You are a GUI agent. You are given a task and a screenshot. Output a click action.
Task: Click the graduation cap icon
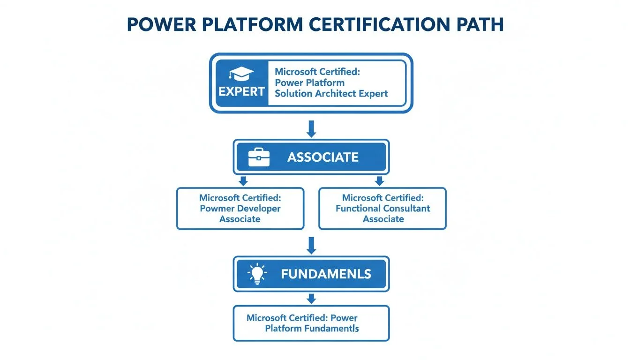pos(241,74)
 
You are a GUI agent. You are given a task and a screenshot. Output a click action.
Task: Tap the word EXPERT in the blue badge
pos(241,92)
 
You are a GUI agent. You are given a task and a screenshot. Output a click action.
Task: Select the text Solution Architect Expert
pos(331,93)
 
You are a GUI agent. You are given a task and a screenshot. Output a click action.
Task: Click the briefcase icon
pos(259,157)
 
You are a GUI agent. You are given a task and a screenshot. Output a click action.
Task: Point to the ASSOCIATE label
pos(322,157)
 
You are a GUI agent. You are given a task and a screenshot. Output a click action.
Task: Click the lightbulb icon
pos(256,274)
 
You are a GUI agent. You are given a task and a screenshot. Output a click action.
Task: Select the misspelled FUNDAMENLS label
pos(326,274)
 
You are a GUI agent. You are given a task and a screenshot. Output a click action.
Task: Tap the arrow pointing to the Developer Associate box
pos(243,181)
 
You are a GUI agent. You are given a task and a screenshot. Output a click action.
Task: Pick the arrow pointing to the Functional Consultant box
pos(380,181)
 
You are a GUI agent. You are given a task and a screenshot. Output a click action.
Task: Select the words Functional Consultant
pos(382,209)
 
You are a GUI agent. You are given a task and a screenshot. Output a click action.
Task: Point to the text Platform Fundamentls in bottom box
pos(312,329)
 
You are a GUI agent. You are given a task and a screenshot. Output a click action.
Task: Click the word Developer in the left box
pos(259,209)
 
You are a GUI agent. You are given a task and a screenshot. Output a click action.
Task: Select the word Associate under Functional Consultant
pos(383,219)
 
